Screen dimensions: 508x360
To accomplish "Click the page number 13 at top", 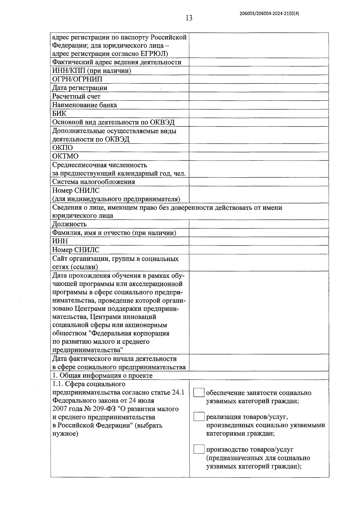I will [189, 18].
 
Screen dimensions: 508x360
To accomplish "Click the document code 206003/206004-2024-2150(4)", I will [269, 13].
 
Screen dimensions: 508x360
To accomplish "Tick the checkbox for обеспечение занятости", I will [199, 393].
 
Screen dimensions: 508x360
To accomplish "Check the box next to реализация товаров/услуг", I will [199, 417].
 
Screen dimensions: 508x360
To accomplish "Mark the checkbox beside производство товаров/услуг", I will [199, 450].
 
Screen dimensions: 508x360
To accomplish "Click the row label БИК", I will [59, 114].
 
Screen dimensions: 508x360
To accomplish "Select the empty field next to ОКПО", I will [259, 148].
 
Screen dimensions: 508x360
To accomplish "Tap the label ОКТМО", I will [65, 156].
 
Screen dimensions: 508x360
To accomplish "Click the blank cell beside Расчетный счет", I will [259, 97].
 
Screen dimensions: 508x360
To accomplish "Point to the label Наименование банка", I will [84, 105].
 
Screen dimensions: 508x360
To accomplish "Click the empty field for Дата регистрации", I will [259, 88].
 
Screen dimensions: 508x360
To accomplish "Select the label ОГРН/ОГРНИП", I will [77, 79].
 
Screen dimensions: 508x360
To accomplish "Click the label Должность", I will [69, 224].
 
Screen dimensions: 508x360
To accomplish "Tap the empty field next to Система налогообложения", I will [259, 182].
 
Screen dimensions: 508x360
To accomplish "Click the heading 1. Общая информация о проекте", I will [102, 376].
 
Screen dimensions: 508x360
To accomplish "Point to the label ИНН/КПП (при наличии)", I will [91, 71].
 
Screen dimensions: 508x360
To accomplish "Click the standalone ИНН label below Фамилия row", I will [60, 241].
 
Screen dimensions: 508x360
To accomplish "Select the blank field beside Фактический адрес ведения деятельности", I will [259, 62].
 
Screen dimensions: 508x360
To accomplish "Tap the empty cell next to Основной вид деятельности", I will [259, 122].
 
